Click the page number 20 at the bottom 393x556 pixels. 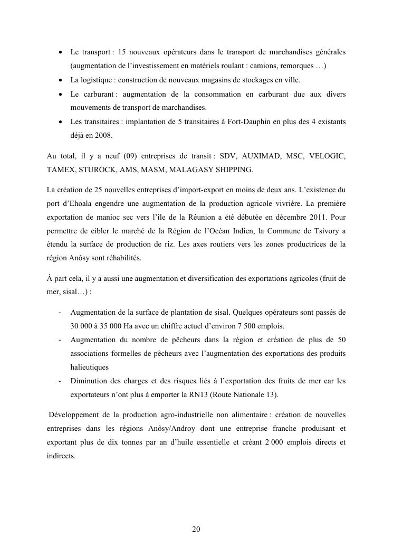196,530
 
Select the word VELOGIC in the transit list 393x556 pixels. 328,156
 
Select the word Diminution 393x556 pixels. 90,380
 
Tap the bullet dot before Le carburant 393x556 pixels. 62,94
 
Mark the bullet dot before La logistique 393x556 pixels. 62,80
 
